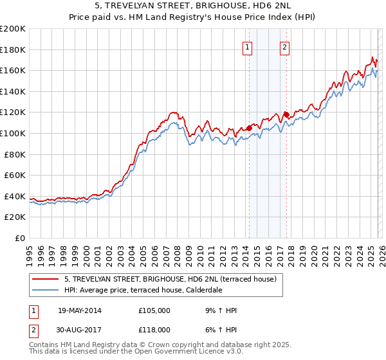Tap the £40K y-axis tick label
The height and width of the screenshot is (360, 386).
[15, 196]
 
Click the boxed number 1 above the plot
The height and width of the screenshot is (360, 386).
[248, 46]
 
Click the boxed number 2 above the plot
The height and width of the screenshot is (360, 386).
[284, 46]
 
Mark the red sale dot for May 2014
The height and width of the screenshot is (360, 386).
[249, 128]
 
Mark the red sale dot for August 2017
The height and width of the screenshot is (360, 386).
[286, 114]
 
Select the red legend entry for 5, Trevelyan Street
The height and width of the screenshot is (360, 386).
[170, 279]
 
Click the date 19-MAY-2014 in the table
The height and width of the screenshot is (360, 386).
[79, 310]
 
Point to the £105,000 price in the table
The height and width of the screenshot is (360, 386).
[154, 310]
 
